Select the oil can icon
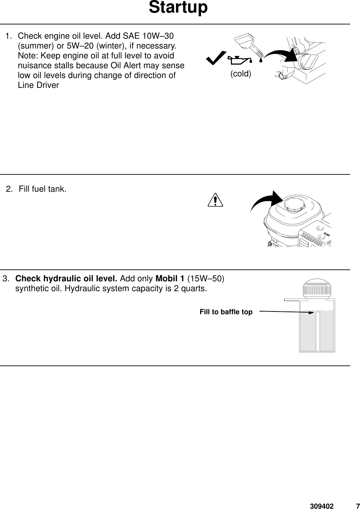point(239,60)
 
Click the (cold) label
point(241,74)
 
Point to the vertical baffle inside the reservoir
point(318,331)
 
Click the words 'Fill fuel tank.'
point(42,189)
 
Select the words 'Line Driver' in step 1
point(38,85)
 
